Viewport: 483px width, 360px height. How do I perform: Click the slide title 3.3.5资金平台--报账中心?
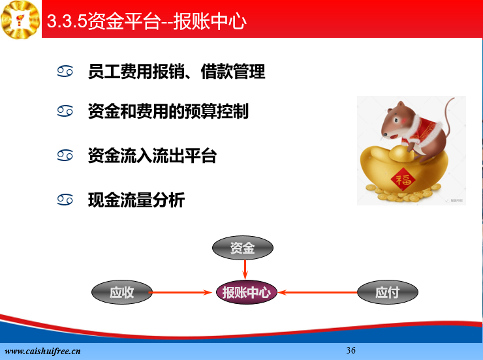point(147,21)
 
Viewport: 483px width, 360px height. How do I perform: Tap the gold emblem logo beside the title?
point(20,20)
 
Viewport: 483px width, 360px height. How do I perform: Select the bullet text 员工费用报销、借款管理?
point(176,71)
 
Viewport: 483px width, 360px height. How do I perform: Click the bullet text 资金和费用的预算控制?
point(168,111)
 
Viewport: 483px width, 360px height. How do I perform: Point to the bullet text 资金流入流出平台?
point(152,155)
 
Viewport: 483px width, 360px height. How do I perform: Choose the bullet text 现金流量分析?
point(136,200)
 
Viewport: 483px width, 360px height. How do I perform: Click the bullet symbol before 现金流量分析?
point(65,200)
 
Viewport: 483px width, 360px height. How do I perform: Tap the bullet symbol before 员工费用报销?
point(65,71)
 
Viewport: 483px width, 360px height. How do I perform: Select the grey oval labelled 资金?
point(243,248)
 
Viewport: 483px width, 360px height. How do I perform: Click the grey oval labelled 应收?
point(122,292)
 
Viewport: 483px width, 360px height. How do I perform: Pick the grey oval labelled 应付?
point(388,292)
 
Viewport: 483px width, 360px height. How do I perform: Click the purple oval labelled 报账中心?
point(247,292)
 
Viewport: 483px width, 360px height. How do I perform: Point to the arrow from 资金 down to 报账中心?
point(245,270)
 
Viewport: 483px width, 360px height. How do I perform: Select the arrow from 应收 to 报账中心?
point(181,292)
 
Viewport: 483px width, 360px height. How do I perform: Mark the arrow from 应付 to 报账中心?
point(318,292)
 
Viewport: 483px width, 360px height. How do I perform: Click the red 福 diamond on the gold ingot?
point(403,179)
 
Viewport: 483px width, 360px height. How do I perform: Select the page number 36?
point(351,350)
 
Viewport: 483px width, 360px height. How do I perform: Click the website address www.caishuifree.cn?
point(43,351)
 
